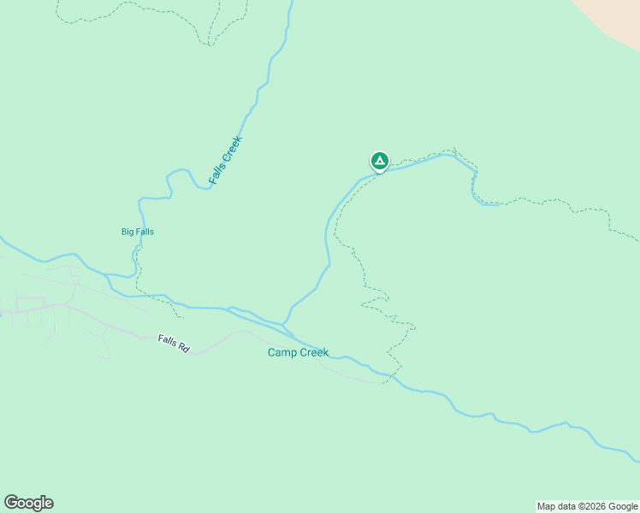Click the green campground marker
(x=379, y=161)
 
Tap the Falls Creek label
(x=226, y=161)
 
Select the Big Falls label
(x=138, y=232)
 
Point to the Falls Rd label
(x=173, y=345)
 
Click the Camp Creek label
(x=298, y=352)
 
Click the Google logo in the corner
(x=28, y=503)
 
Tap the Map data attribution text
(x=587, y=507)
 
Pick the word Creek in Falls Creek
(x=233, y=149)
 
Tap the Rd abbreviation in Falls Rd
(x=183, y=349)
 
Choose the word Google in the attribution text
(x=622, y=507)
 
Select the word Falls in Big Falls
(x=144, y=232)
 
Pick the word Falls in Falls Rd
(x=168, y=342)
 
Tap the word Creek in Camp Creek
(x=313, y=352)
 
